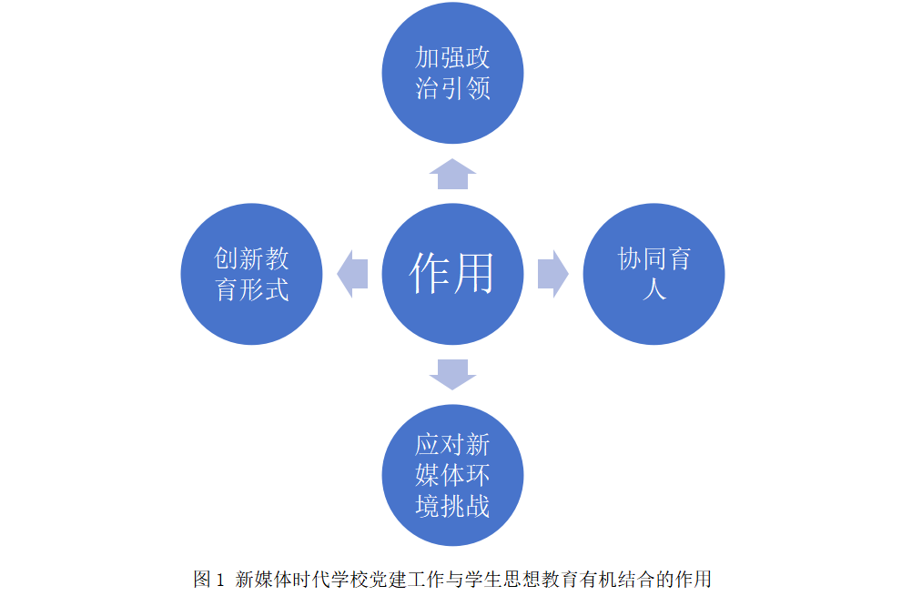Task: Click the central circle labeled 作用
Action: pyautogui.click(x=452, y=274)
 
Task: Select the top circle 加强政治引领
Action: pyautogui.click(x=452, y=73)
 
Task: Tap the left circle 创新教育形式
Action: pyautogui.click(x=251, y=274)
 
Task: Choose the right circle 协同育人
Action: pyautogui.click(x=654, y=274)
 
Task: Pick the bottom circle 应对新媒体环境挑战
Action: pyautogui.click(x=452, y=475)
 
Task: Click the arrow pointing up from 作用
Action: pyautogui.click(x=452, y=174)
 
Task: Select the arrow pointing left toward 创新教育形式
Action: pyautogui.click(x=352, y=274)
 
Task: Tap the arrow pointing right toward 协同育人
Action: pyautogui.click(x=553, y=274)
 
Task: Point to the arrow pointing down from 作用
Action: pyautogui.click(x=452, y=375)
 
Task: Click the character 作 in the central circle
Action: pyautogui.click(x=431, y=273)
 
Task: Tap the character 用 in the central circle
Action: pyautogui.click(x=473, y=273)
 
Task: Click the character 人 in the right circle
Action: pyautogui.click(x=654, y=289)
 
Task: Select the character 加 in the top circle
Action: pyautogui.click(x=427, y=57)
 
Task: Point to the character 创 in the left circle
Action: pyautogui.click(x=226, y=258)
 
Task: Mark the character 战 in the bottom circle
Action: pyautogui.click(x=478, y=506)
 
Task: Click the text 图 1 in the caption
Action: pyautogui.click(x=208, y=580)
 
